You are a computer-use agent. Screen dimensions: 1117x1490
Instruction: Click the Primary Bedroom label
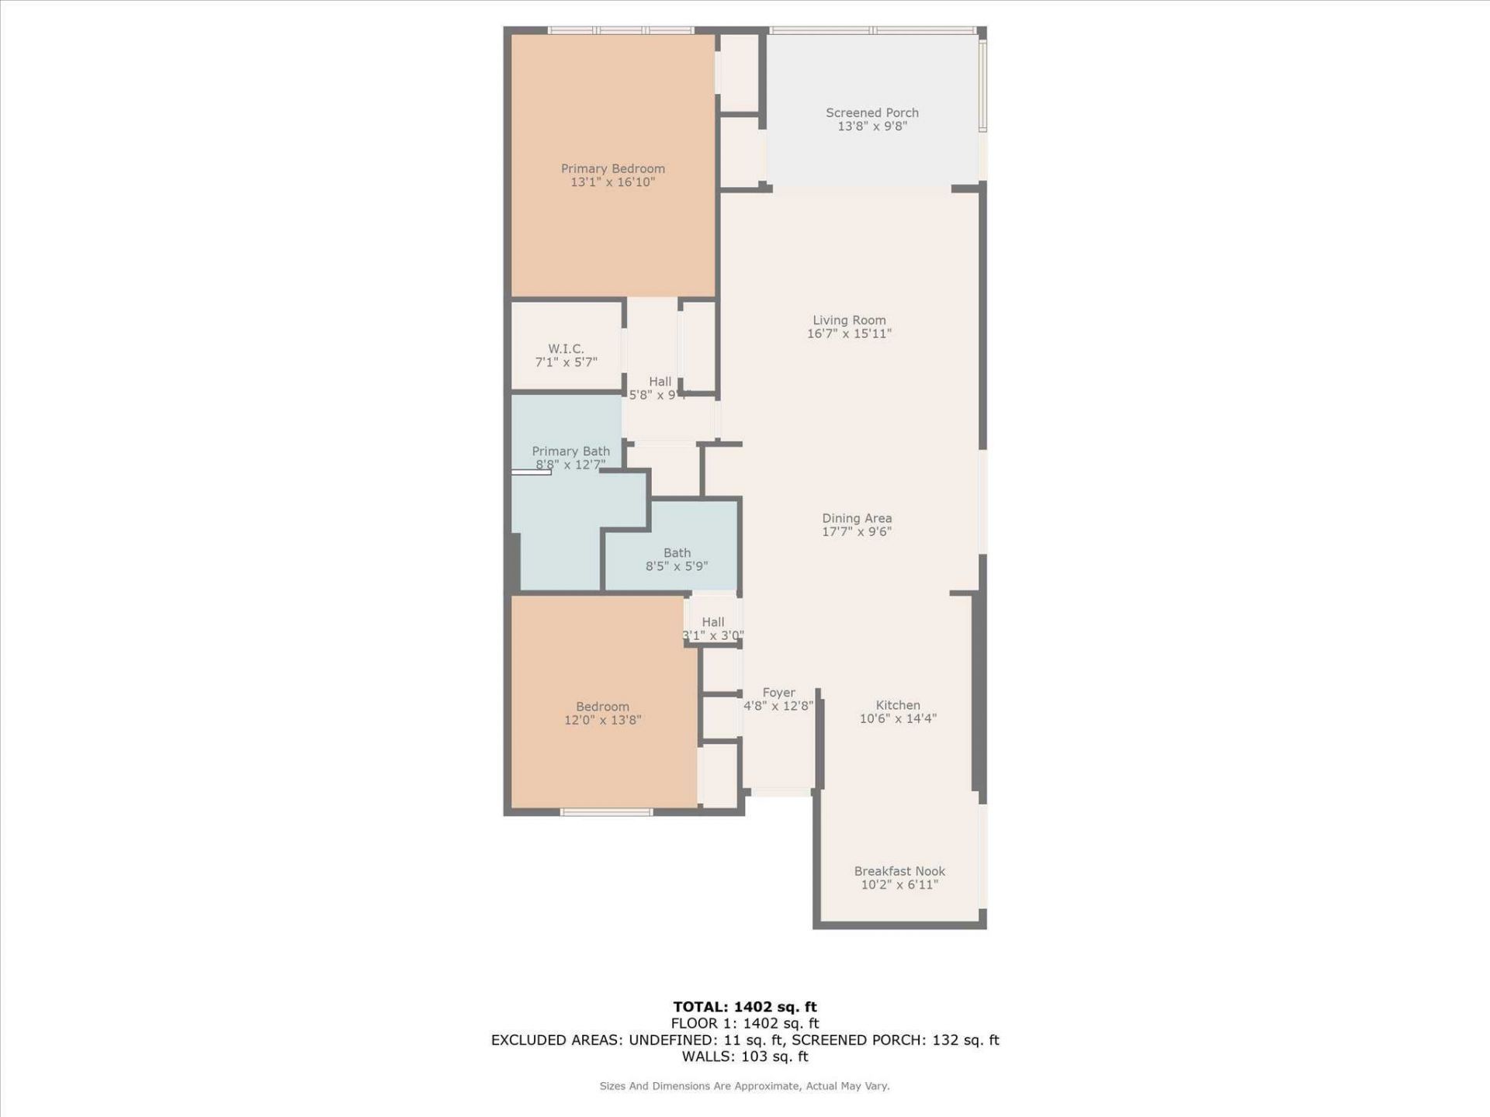tap(612, 168)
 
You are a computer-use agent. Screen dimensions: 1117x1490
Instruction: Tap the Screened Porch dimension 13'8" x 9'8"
tap(871, 126)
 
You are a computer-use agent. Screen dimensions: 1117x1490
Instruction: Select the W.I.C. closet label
tap(566, 348)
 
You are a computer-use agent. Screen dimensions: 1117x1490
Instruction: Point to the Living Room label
tap(849, 320)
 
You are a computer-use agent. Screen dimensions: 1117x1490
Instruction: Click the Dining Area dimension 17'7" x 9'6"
tap(857, 531)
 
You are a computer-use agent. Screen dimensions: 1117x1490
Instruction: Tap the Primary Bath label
tap(570, 451)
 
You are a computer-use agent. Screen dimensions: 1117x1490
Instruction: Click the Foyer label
tap(778, 693)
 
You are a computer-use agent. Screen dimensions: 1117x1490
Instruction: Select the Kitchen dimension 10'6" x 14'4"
tap(898, 718)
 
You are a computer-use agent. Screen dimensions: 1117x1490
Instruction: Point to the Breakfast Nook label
tap(899, 871)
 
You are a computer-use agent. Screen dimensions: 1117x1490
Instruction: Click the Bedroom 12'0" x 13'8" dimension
tap(602, 720)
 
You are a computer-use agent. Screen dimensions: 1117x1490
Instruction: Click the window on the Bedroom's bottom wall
tap(606, 812)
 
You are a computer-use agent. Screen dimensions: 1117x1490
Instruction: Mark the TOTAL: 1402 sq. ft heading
tap(744, 1007)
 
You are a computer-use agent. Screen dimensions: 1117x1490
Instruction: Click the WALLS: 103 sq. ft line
tap(744, 1056)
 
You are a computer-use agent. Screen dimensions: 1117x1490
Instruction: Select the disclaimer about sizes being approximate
tap(744, 1086)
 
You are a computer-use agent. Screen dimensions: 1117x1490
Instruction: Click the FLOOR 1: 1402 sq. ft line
tap(744, 1023)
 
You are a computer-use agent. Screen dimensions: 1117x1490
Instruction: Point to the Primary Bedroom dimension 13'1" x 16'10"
tap(612, 182)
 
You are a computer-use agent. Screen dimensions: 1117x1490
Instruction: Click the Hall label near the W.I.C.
tap(660, 381)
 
